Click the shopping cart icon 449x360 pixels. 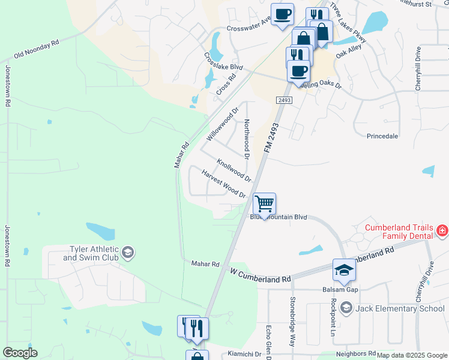pos(264,204)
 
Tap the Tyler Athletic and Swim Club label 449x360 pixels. pos(92,254)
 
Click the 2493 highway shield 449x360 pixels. pos(285,100)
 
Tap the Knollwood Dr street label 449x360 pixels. pos(234,170)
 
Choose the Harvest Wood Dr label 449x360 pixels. pos(223,184)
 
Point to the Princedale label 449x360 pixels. pos(382,136)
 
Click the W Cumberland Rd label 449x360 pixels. pos(261,275)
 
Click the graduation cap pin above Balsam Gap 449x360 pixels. pos(345,270)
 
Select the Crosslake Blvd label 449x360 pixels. pos(223,61)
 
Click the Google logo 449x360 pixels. pos(20,353)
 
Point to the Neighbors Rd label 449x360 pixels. pos(355,354)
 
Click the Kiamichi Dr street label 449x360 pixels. pos(244,354)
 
